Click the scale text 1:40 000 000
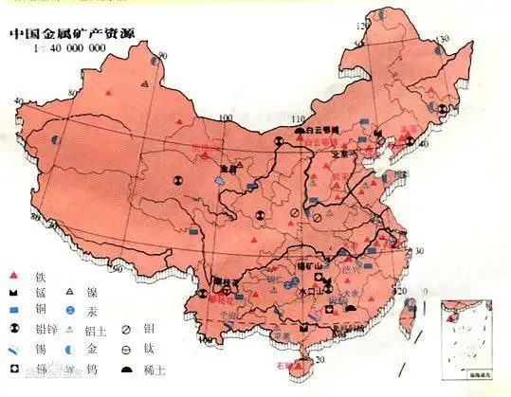click(x=69, y=48)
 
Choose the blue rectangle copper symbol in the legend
click(x=14, y=311)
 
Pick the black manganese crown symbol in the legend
click(x=14, y=293)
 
